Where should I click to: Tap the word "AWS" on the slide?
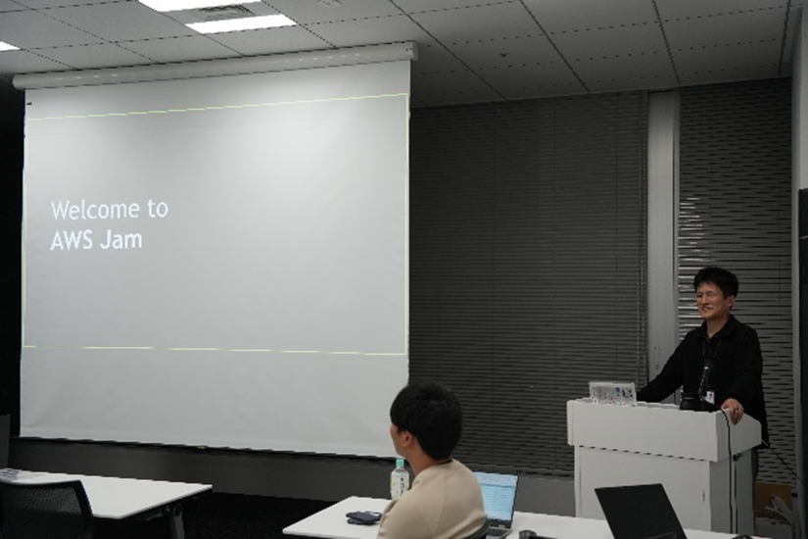(x=71, y=240)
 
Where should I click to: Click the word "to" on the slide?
(x=158, y=209)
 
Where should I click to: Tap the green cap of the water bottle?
(x=399, y=464)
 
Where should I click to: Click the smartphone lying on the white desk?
(x=363, y=516)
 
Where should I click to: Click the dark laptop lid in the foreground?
(x=640, y=512)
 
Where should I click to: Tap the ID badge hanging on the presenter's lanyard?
(x=710, y=396)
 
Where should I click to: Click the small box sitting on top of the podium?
(x=612, y=393)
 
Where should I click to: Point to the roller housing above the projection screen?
(x=215, y=65)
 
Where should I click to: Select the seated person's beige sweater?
(x=432, y=502)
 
